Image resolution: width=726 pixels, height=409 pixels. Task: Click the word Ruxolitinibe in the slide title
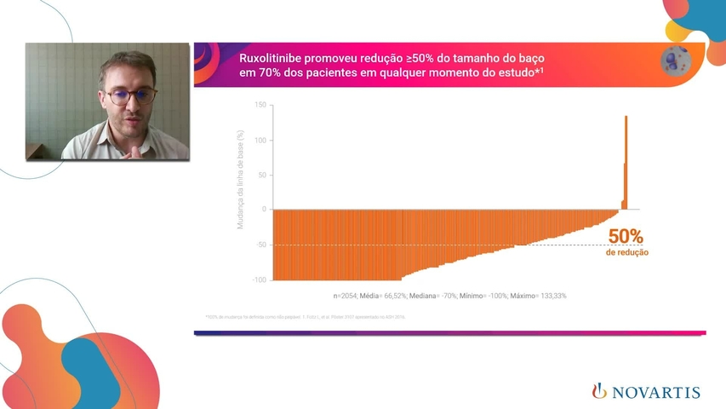pos(271,57)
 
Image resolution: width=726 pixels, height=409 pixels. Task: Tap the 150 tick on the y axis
pos(260,105)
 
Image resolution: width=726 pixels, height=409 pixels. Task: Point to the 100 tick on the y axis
pos(260,140)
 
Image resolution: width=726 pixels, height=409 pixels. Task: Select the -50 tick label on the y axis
pos(260,245)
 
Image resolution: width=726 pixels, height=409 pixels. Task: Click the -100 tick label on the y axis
pos(258,279)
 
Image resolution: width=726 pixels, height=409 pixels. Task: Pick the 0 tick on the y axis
pos(264,210)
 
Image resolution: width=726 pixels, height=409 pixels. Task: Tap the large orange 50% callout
pos(626,237)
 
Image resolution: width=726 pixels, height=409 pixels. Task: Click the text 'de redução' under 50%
pos(626,252)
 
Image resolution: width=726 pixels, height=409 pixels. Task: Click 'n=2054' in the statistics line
pos(346,296)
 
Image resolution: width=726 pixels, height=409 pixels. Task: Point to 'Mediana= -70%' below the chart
pos(434,296)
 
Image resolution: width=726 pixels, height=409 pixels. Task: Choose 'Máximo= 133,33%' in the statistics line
pos(539,296)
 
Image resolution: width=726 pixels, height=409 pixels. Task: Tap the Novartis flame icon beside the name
pos(599,391)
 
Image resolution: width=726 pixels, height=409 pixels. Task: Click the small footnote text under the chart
pos(306,316)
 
